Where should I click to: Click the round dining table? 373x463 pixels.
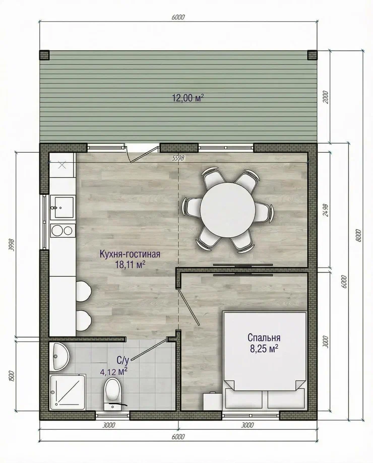228,210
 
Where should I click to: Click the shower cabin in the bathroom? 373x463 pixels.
68,392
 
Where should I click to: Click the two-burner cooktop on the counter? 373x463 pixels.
62,230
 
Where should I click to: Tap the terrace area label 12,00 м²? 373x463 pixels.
188,98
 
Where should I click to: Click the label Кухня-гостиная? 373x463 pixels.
130,254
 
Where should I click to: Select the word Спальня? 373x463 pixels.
264,337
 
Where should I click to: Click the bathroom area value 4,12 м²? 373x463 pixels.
114,371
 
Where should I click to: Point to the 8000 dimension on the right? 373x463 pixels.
358,235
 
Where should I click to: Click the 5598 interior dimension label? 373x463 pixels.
178,158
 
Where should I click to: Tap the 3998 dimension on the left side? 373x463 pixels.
12,244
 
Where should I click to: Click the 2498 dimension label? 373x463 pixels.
325,210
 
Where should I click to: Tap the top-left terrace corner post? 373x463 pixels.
44,55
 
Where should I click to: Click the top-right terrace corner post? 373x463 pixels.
313,55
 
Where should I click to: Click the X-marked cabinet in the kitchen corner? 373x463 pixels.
61,165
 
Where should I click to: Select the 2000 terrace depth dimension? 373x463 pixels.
325,97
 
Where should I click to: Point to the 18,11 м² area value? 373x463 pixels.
130,264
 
